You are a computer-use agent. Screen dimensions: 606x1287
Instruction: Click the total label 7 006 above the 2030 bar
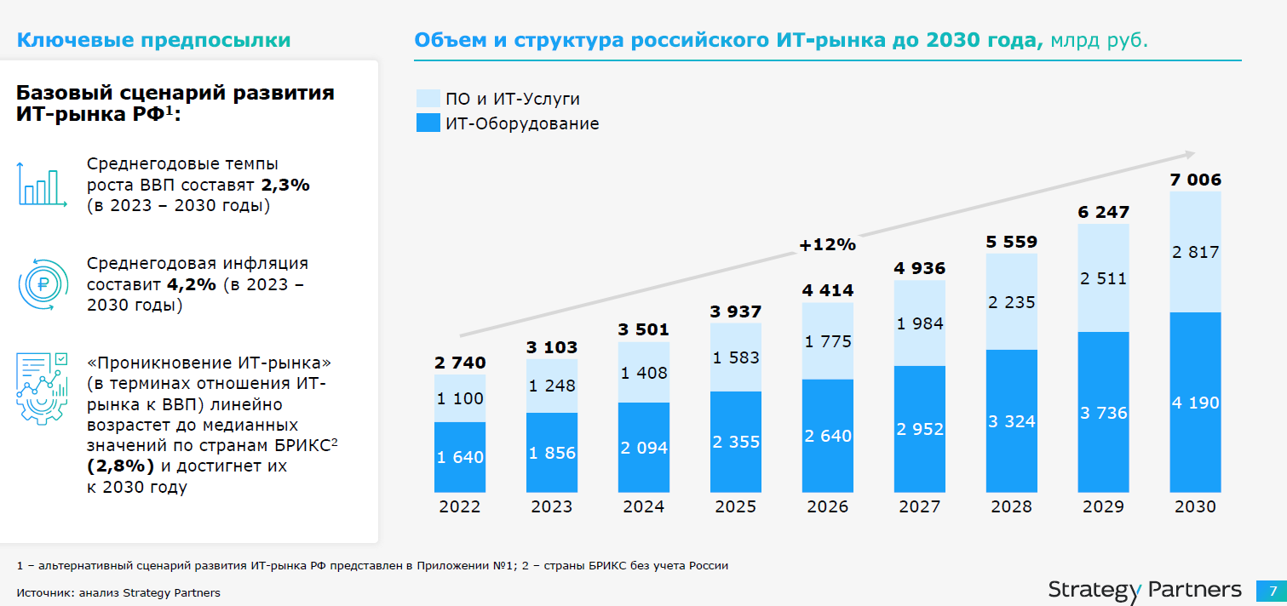click(1195, 180)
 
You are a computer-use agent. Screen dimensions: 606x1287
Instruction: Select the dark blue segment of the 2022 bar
click(459, 457)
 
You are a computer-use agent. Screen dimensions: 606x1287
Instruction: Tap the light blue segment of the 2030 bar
click(1195, 252)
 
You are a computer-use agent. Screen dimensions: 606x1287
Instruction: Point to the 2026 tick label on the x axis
click(827, 506)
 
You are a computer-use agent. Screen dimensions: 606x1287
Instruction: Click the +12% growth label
click(827, 245)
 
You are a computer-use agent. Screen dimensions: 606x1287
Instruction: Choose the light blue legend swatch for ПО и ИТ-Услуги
click(428, 99)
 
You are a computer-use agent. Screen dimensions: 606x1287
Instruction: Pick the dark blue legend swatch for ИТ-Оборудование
click(428, 123)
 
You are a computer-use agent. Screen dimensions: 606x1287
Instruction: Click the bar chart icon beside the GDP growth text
click(42, 184)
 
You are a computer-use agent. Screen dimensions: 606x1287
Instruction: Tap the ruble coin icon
click(42, 285)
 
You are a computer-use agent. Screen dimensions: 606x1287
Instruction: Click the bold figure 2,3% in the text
click(285, 185)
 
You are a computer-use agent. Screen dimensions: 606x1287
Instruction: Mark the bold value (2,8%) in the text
click(120, 466)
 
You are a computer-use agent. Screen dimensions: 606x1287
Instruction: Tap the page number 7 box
click(1273, 590)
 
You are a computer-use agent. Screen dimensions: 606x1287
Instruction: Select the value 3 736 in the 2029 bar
click(1103, 413)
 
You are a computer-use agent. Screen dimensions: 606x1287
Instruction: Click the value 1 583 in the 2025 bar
click(735, 357)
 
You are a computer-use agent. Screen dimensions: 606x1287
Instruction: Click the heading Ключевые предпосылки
click(154, 41)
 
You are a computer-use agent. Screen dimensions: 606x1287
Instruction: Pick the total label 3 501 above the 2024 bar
click(643, 329)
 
